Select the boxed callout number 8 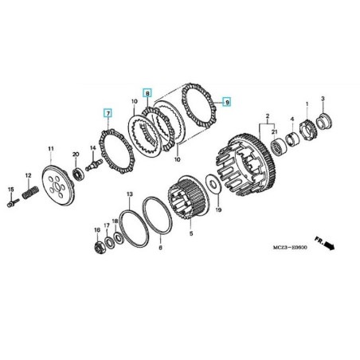pos(147,93)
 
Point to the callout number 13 pos(130,195)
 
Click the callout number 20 pos(76,155)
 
